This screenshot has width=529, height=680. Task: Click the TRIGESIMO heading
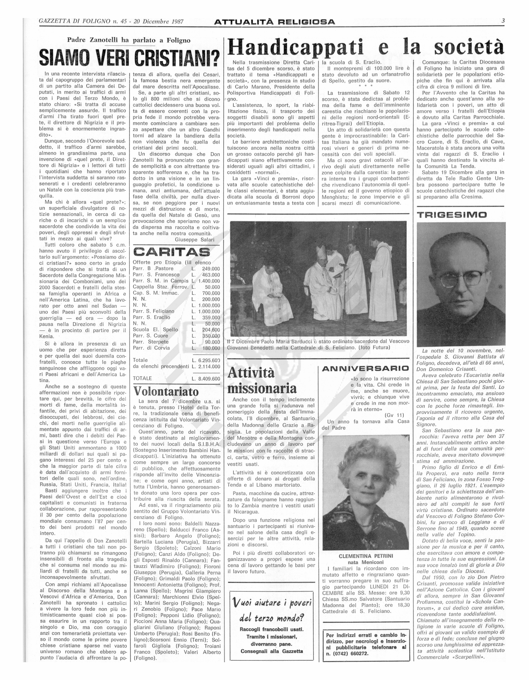(x=447, y=215)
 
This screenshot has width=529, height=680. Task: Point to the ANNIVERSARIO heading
(x=365, y=369)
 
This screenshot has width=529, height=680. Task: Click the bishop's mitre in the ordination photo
(x=320, y=250)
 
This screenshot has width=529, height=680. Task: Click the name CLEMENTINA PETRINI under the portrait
(x=366, y=556)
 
